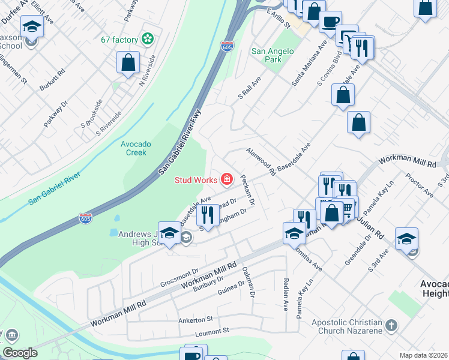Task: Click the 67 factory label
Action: point(119,40)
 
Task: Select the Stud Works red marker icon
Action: point(227,179)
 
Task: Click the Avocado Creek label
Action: point(133,148)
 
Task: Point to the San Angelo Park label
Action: point(273,55)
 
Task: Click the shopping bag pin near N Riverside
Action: point(128,62)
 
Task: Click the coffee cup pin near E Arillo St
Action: point(330,22)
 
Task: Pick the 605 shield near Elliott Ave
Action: point(226,46)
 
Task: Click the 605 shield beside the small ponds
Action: point(86,219)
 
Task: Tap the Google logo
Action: point(20,353)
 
